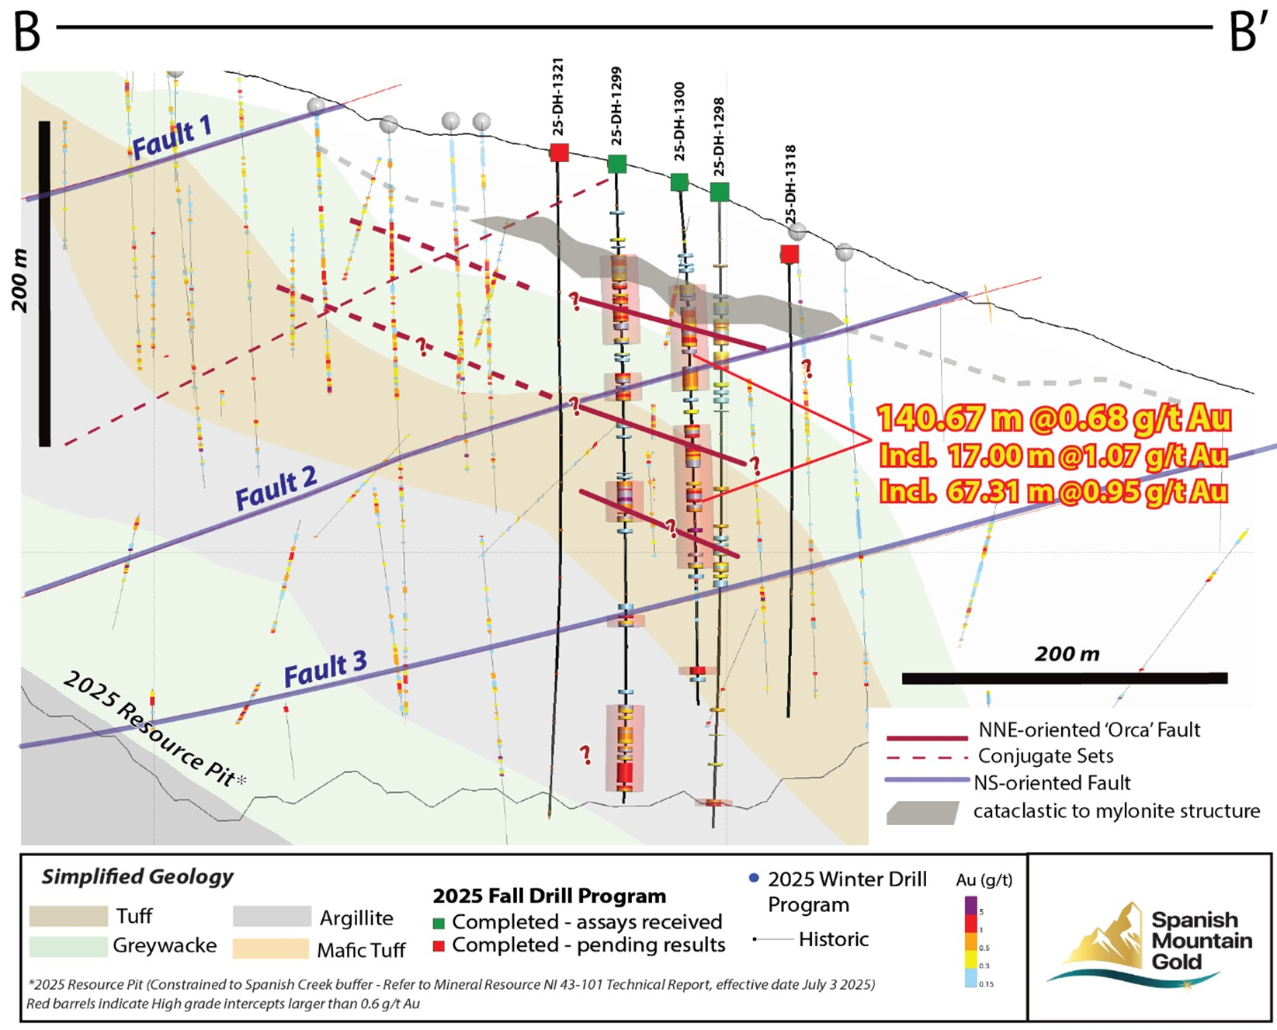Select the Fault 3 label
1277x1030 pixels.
click(x=324, y=669)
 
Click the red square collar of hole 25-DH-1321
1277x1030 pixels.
click(x=559, y=152)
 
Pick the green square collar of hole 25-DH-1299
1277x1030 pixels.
click(x=616, y=164)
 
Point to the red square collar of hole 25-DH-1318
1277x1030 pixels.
click(x=789, y=254)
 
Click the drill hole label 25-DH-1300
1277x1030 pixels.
click(x=679, y=120)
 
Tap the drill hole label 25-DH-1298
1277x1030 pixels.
click(x=719, y=136)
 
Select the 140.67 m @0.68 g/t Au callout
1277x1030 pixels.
click(x=1053, y=418)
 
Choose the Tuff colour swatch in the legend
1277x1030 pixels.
click(x=68, y=917)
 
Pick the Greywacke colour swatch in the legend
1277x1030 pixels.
click(x=68, y=946)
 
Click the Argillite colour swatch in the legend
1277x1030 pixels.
click(x=272, y=917)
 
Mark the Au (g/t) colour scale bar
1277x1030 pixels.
click(x=970, y=942)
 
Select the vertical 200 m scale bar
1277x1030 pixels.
click(x=44, y=283)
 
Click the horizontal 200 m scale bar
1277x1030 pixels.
click(x=1064, y=678)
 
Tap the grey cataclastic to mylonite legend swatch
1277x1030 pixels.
click(x=923, y=813)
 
